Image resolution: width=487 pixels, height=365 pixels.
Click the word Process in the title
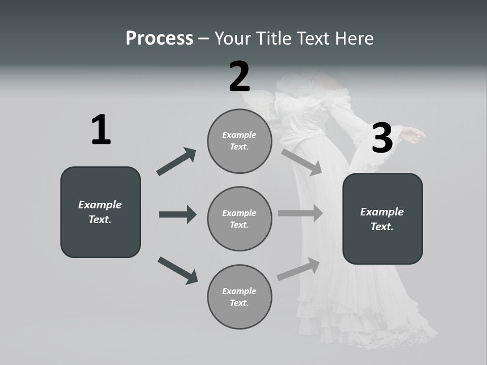click(159, 39)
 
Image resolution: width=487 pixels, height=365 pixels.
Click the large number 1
click(101, 130)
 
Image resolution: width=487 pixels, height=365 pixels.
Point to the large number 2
click(239, 77)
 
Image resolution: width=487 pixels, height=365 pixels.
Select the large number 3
click(382, 138)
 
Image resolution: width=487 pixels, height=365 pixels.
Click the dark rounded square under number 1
click(100, 212)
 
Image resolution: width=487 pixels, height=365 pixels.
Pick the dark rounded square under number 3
click(382, 218)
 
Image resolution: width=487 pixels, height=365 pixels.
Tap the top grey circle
click(239, 141)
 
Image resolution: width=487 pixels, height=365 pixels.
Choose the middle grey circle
click(239, 218)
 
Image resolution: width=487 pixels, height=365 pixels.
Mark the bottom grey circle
click(239, 297)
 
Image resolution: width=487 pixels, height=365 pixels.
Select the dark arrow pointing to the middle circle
click(178, 214)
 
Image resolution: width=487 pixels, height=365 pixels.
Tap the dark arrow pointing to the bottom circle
click(178, 270)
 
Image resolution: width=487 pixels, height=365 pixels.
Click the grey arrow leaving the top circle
click(301, 162)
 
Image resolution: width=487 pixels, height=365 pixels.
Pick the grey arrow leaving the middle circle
click(300, 213)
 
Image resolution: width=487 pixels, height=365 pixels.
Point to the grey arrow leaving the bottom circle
click(298, 269)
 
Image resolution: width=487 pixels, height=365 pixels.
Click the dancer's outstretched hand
click(413, 134)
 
